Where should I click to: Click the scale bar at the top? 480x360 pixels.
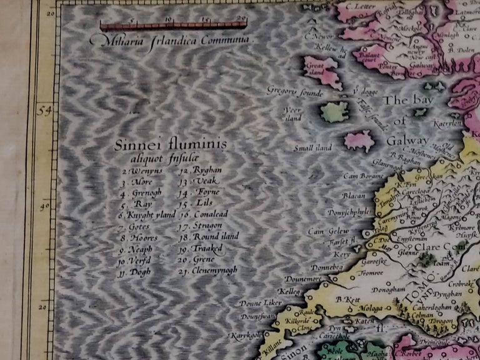(x=174, y=26)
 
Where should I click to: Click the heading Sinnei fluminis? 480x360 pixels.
(x=171, y=146)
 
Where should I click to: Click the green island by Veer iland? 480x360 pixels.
(x=335, y=112)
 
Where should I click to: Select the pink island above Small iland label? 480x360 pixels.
(x=359, y=141)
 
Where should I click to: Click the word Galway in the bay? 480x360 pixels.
(x=407, y=140)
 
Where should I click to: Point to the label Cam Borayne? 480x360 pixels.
(x=361, y=176)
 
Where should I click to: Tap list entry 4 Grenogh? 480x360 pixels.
(x=143, y=192)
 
